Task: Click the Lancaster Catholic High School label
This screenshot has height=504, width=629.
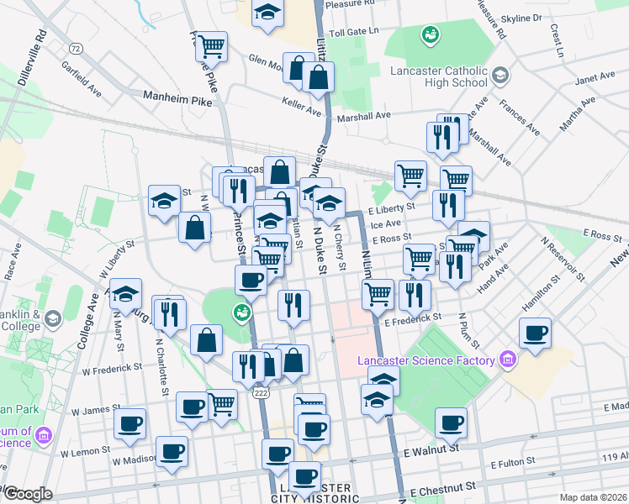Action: [x=438, y=76]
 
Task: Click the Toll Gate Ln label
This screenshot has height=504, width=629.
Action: [x=355, y=31]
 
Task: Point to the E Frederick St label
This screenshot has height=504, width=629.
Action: [x=413, y=319]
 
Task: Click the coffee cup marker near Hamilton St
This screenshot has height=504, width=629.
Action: [x=535, y=333]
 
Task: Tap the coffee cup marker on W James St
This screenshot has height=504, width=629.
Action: [x=129, y=424]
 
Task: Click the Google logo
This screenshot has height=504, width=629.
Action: [x=29, y=494]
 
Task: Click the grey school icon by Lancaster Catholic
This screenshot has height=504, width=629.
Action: [x=500, y=76]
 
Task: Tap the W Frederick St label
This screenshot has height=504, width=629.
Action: [x=112, y=367]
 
